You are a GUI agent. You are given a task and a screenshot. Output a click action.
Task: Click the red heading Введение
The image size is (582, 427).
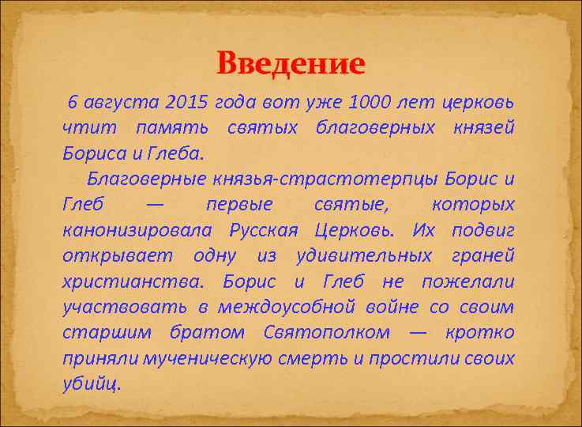pyautogui.click(x=291, y=62)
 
